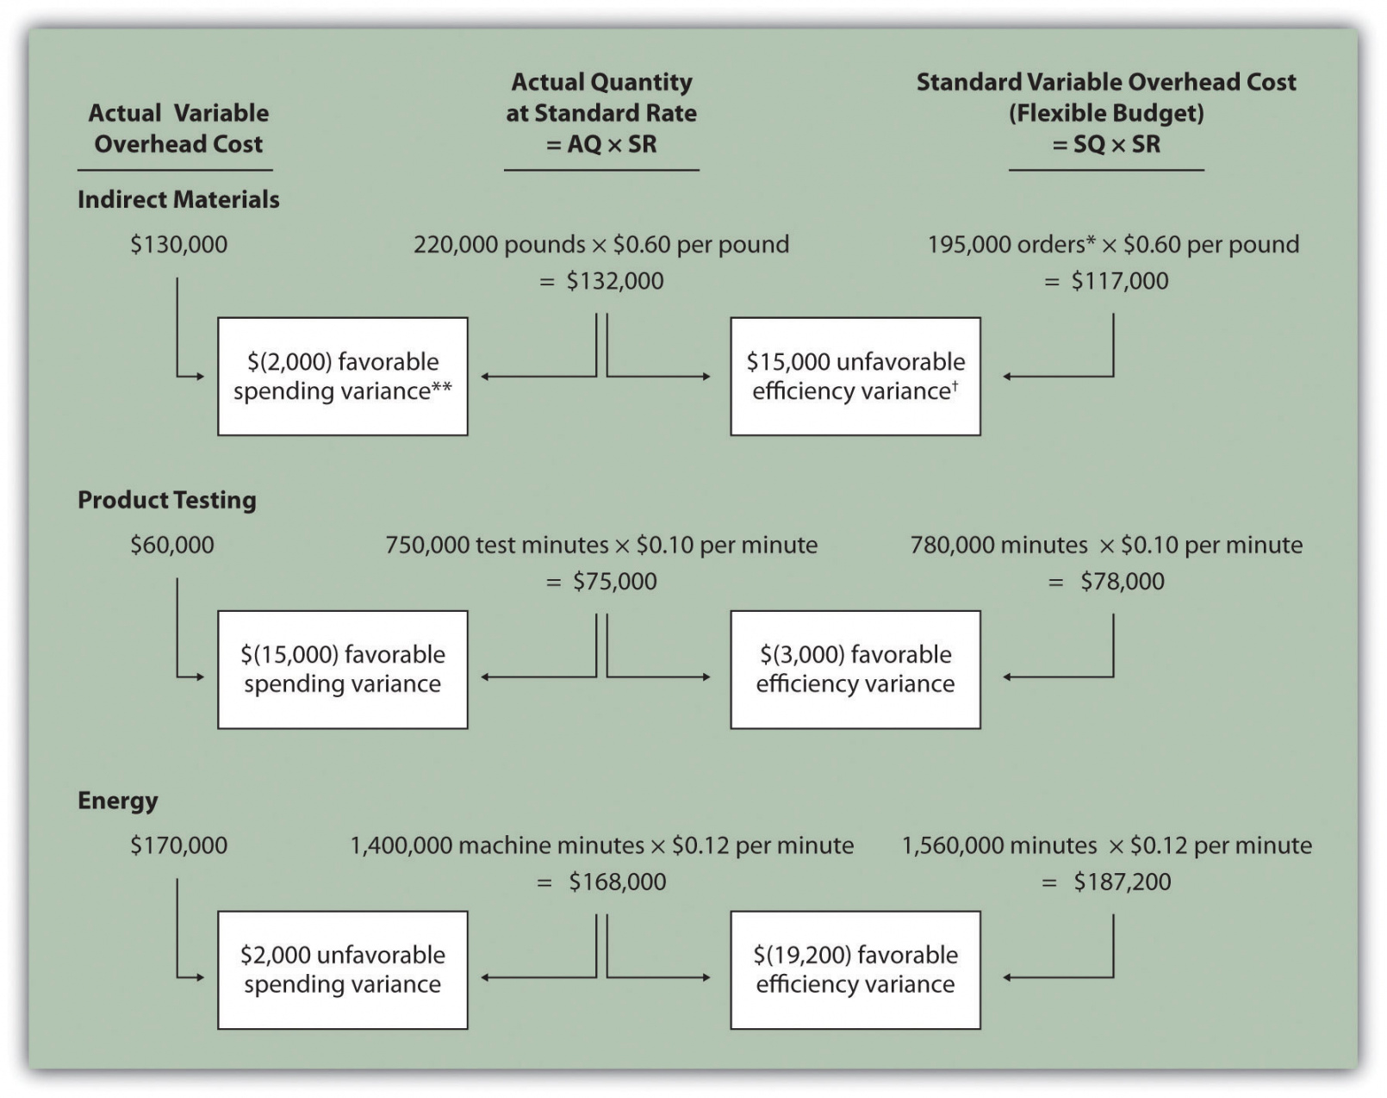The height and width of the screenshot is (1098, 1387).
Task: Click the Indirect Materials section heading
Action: pos(178,199)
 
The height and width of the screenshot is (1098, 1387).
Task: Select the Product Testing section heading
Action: pos(167,500)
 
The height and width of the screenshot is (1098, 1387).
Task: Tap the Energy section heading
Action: pos(118,801)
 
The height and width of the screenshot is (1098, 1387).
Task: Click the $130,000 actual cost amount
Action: pos(178,245)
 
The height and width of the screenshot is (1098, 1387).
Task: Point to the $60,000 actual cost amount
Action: pos(172,545)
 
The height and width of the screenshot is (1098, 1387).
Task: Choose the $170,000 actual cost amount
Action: pos(178,845)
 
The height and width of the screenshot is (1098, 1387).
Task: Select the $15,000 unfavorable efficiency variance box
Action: pos(855,377)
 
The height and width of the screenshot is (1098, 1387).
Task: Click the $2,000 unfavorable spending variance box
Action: pos(342,970)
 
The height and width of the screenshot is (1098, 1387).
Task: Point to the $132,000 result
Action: pos(614,281)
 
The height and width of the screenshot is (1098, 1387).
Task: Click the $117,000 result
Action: pos(1119,281)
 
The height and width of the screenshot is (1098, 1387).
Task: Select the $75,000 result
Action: pos(614,582)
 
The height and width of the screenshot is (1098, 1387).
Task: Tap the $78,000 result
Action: pos(1122,582)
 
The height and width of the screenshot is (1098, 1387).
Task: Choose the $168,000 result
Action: pos(617,882)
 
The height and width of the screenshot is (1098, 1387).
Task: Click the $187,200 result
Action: pos(1122,882)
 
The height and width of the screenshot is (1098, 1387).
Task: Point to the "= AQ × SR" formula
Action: pos(601,144)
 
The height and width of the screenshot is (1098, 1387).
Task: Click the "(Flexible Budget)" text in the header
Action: pos(1106,113)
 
